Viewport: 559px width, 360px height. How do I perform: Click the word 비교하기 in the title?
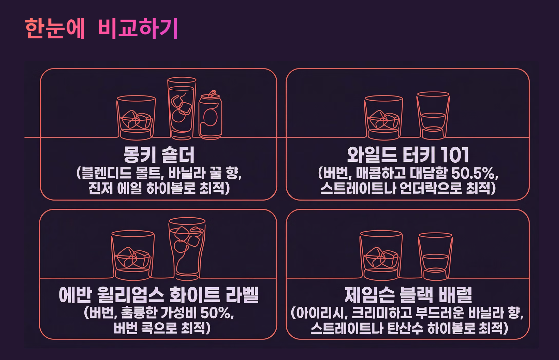coord(138,29)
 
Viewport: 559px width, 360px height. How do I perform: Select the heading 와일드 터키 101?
coord(407,155)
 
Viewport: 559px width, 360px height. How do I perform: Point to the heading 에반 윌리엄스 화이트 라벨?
coord(159,296)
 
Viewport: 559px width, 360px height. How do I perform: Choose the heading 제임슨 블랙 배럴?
coord(407,296)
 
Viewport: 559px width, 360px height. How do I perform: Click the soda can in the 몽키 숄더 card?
coord(210,115)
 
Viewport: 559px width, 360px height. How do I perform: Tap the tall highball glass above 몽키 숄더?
coord(181,107)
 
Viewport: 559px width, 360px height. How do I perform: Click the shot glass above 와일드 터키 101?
coord(433,115)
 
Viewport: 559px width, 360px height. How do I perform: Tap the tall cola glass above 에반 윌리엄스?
coord(186,249)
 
